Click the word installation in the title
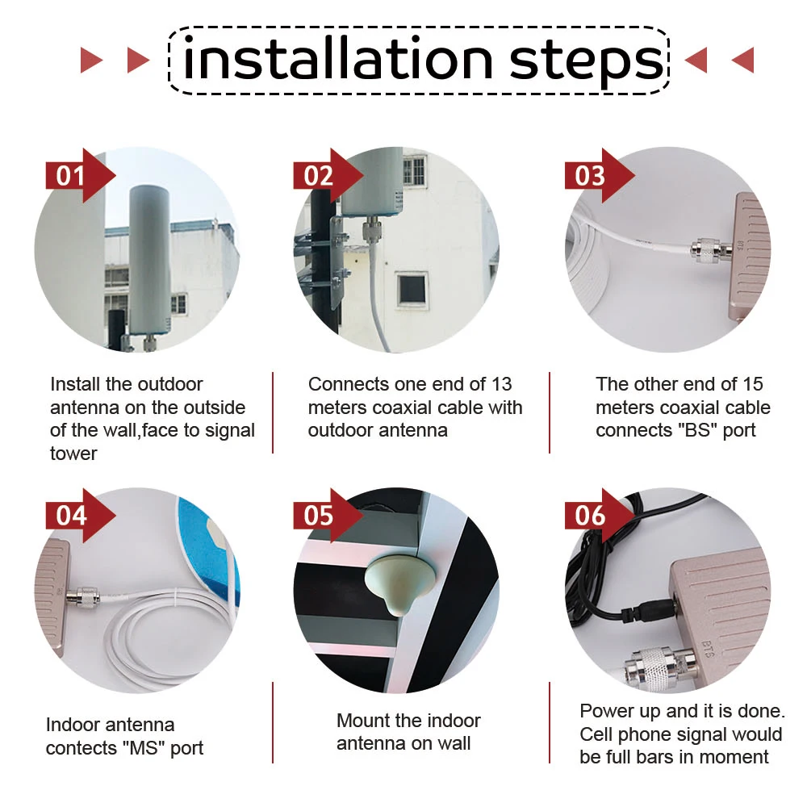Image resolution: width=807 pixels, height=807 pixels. pos(337,58)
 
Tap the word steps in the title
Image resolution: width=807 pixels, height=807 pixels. pos(586,63)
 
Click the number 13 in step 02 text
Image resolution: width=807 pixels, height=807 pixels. pos(501,384)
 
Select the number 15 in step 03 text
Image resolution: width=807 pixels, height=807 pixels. pos(752,384)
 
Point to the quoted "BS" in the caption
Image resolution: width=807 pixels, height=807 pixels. pos(697,430)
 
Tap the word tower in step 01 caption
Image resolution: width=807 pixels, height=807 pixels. pos(73,454)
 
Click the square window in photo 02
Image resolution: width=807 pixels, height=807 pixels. pos(412,290)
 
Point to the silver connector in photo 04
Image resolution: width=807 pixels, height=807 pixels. pos(85,598)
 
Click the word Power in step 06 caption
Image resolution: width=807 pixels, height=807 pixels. pos(607,711)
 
